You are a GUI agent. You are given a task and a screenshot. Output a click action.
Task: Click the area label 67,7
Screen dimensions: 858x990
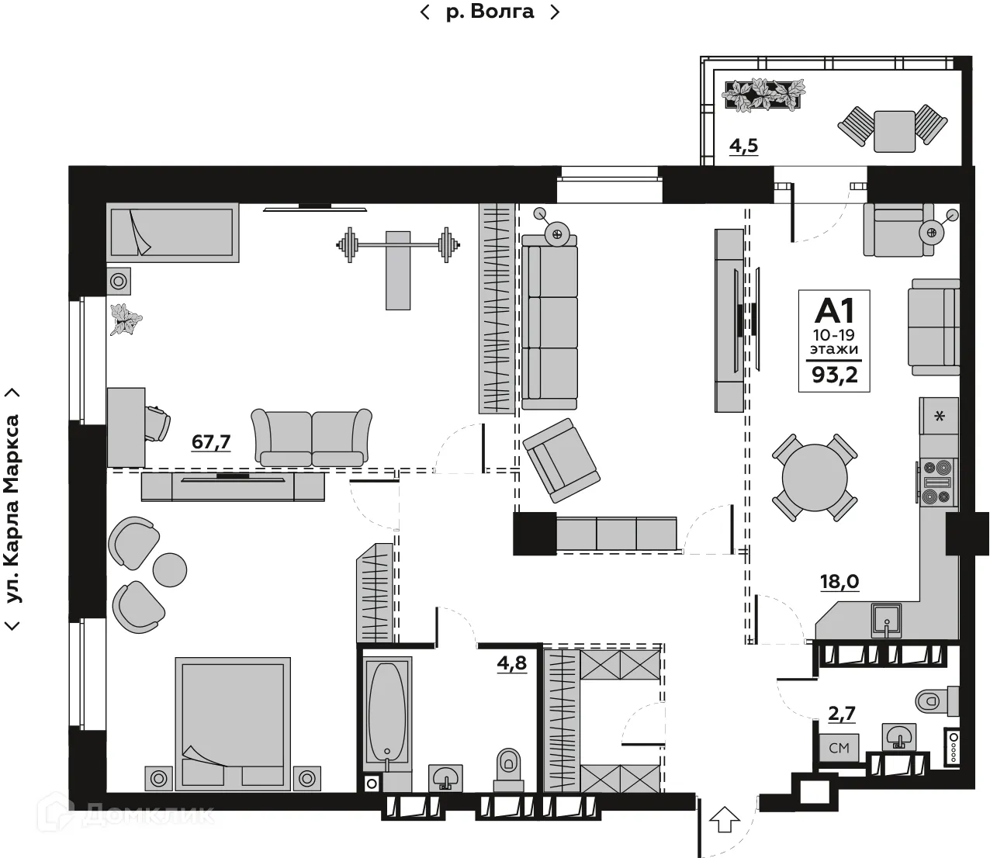click(x=211, y=442)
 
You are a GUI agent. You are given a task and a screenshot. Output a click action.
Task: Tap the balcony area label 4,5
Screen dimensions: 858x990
click(x=743, y=146)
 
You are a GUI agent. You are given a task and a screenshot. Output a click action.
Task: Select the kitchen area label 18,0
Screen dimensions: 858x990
click(x=839, y=582)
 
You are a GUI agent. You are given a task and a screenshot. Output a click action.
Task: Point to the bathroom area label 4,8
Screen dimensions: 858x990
click(x=511, y=663)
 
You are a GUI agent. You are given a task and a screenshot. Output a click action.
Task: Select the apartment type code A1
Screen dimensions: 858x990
click(x=834, y=310)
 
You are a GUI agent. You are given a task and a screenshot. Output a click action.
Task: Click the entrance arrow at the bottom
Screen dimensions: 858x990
click(x=725, y=819)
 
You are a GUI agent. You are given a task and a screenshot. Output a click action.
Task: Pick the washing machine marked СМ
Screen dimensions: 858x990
click(x=839, y=748)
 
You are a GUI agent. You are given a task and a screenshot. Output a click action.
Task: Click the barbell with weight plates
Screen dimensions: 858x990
click(x=396, y=246)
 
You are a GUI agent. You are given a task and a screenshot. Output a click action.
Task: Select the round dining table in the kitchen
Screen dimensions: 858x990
click(x=815, y=476)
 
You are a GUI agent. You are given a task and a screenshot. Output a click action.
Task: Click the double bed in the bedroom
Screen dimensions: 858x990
click(x=232, y=723)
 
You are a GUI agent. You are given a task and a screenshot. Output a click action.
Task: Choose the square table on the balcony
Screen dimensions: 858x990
click(x=894, y=131)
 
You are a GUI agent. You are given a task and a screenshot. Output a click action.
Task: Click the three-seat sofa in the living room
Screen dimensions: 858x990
click(x=549, y=322)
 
